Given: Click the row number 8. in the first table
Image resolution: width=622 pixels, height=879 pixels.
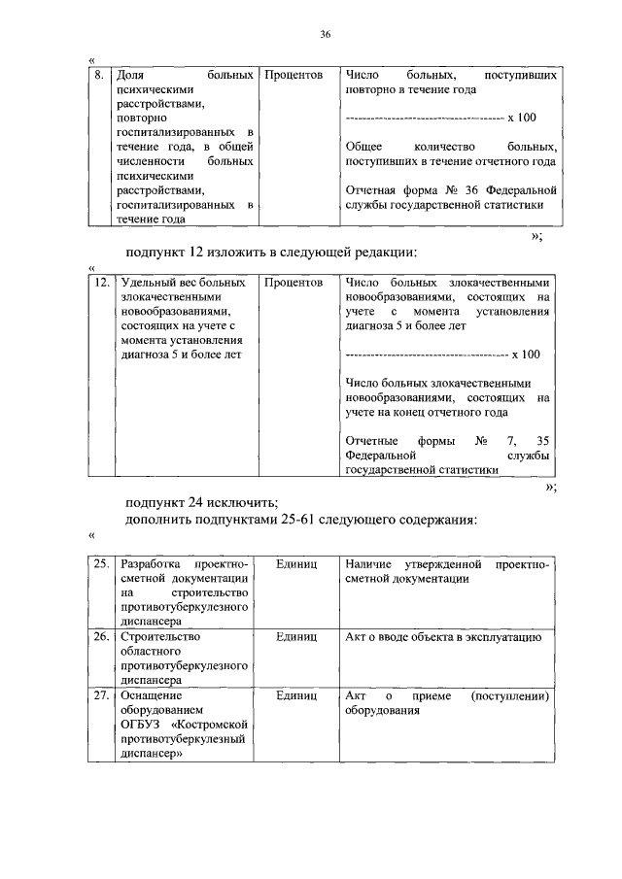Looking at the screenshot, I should tap(97, 74).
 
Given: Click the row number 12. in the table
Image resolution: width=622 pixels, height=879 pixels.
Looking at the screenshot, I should tap(100, 284).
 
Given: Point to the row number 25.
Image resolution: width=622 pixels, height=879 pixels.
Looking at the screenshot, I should tap(100, 564).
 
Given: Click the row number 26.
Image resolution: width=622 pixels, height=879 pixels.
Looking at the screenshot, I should tap(100, 637).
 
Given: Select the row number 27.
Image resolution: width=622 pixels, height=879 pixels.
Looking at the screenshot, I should tap(100, 695).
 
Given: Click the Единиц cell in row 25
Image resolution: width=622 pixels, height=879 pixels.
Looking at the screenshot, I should tap(296, 564).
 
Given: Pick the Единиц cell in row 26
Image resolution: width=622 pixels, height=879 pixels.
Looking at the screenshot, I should tap(296, 637).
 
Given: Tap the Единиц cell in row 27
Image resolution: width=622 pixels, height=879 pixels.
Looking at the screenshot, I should tap(296, 695).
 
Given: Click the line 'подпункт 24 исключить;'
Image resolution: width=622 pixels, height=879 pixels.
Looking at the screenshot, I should tap(201, 502).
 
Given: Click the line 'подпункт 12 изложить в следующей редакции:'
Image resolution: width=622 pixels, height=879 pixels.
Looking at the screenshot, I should tap(271, 254).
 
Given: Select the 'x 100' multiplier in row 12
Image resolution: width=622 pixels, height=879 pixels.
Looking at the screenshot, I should tap(525, 355).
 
